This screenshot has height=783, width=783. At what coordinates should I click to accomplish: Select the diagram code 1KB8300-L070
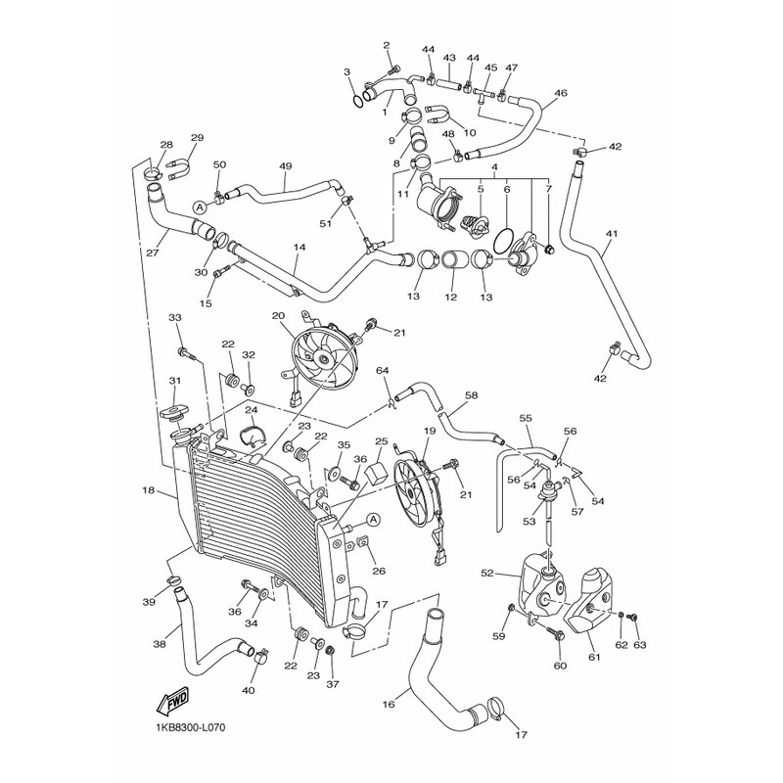pyautogui.click(x=196, y=728)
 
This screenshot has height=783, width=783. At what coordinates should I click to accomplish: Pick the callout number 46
pyautogui.click(x=560, y=94)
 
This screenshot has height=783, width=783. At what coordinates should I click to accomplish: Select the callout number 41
pyautogui.click(x=612, y=234)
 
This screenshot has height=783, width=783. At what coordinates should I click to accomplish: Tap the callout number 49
pyautogui.click(x=286, y=165)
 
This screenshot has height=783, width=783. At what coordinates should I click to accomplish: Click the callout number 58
pyautogui.click(x=471, y=395)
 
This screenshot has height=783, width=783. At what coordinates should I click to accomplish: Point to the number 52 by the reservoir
pyautogui.click(x=486, y=574)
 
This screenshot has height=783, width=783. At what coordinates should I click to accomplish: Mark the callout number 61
pyautogui.click(x=594, y=658)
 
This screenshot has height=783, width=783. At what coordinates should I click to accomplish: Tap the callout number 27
pyautogui.click(x=153, y=252)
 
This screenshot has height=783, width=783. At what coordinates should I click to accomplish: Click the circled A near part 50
pyautogui.click(x=200, y=207)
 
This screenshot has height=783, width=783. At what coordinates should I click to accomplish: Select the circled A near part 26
pyautogui.click(x=373, y=518)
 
